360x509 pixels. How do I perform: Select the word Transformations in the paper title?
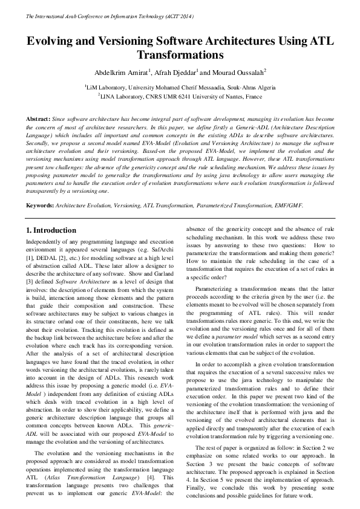pos(180,56)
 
